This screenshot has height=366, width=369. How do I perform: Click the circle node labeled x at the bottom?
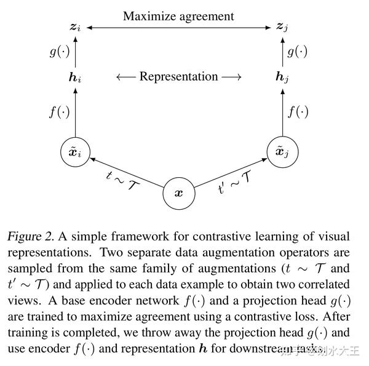coord(178,193)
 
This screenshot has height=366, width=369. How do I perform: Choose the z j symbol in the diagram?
coord(282,27)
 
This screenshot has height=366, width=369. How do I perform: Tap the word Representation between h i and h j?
coord(178,77)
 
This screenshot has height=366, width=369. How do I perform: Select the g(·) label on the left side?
coord(59,52)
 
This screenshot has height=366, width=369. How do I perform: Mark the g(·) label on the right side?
coord(298,52)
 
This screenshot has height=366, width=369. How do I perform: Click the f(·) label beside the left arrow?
coord(60,113)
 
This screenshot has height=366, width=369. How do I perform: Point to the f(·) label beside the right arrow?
coord(298,113)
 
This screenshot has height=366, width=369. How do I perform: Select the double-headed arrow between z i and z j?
coord(179,27)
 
